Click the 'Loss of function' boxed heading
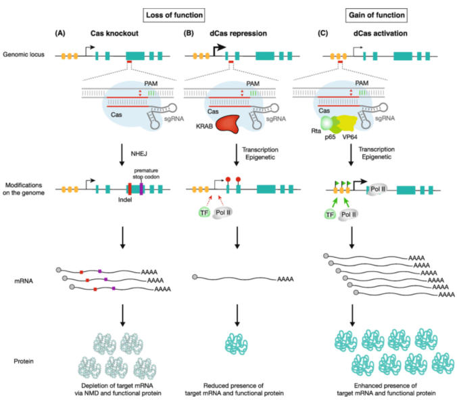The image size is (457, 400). [x=174, y=15]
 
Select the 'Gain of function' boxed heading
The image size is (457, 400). [x=377, y=15]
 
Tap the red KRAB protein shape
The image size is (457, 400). [x=227, y=124]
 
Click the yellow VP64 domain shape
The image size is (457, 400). [x=347, y=123]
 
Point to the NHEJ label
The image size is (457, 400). [x=139, y=153]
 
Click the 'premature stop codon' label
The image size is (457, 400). [x=146, y=174]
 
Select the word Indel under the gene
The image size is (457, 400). [x=125, y=199]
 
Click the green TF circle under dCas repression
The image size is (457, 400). [x=204, y=213]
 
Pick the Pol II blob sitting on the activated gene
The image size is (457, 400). [x=377, y=190]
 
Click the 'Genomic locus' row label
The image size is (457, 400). [x=24, y=55]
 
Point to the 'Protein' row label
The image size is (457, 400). [x=24, y=361]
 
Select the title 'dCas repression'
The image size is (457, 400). [x=238, y=34]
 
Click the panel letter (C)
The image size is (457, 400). [x=322, y=33]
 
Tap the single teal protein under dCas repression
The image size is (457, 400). [x=237, y=345]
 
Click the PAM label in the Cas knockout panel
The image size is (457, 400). [x=151, y=84]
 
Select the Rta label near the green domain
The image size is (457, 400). [x=316, y=131]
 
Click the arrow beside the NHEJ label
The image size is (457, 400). [x=122, y=155]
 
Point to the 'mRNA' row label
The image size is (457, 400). [x=24, y=281]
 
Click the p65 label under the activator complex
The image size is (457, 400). [x=330, y=137]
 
